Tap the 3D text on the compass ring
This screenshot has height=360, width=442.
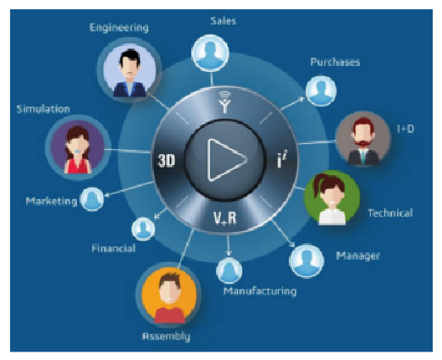[x=166, y=161]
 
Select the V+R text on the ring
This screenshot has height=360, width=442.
[x=224, y=218]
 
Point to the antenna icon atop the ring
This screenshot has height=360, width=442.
[x=224, y=102]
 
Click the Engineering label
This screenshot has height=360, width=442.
[x=119, y=28]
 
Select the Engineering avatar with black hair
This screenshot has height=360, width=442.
[x=130, y=70]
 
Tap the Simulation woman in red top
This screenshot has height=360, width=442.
[x=78, y=147]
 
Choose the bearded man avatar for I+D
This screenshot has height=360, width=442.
[x=363, y=139]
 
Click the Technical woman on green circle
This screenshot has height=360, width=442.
[x=332, y=198]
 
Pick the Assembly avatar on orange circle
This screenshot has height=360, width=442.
[x=169, y=296]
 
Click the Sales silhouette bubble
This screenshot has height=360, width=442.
[x=210, y=53]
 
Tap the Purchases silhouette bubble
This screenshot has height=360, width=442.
[x=321, y=91]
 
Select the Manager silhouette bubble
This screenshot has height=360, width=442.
[x=307, y=261]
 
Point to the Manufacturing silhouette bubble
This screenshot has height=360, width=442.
[x=229, y=270]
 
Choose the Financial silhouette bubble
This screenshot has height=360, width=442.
[x=143, y=229]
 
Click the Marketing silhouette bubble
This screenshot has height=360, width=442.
[x=92, y=199]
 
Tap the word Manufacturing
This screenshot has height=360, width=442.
[x=260, y=291]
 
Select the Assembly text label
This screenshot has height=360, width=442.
[x=166, y=336]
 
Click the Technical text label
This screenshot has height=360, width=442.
[x=390, y=213]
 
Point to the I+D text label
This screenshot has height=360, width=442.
[x=406, y=129]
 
